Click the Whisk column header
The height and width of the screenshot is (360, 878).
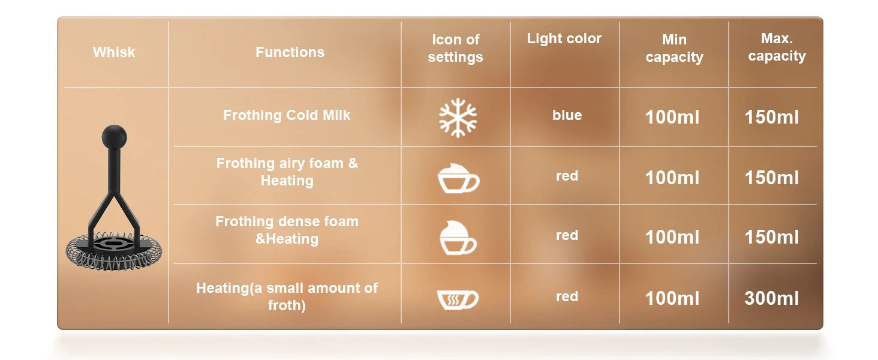[114, 52]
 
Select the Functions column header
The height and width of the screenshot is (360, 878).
[290, 52]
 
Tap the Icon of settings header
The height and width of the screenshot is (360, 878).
[455, 48]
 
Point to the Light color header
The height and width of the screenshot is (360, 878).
[564, 38]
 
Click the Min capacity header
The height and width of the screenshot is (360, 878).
[674, 48]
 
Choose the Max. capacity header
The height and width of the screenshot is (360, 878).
[777, 47]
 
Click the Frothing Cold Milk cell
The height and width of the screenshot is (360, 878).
[287, 115]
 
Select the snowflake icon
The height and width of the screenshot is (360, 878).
[458, 118]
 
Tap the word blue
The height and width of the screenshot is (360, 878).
[567, 115]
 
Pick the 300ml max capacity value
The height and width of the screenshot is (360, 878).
[771, 298]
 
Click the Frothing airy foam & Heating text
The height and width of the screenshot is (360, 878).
[287, 172]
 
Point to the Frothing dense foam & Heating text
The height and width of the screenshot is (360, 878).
[287, 230]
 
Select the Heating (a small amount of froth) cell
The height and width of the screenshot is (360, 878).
[287, 296]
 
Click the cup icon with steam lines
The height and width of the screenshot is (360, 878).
[458, 299]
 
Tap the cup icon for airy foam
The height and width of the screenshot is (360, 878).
[458, 178]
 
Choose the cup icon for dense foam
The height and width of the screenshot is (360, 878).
[458, 238]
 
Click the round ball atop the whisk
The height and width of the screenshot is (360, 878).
[114, 137]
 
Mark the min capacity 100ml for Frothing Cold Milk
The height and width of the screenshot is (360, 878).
[672, 117]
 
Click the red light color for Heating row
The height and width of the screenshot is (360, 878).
[567, 296]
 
